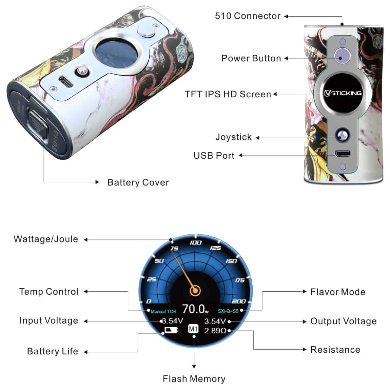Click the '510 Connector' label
[248, 16]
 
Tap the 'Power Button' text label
[251, 58]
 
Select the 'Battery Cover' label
[138, 182]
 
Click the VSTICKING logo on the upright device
[343, 93]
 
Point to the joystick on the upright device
[342, 136]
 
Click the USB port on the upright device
[343, 153]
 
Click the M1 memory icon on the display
[193, 329]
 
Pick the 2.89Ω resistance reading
[215, 331]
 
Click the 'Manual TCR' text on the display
[163, 311]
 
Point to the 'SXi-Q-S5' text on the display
[228, 311]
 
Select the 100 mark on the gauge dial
[195, 242]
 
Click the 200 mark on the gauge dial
[239, 301]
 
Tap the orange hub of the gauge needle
[195, 290]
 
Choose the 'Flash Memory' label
[194, 379]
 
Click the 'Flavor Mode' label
[338, 292]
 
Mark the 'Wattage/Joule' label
[46, 239]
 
